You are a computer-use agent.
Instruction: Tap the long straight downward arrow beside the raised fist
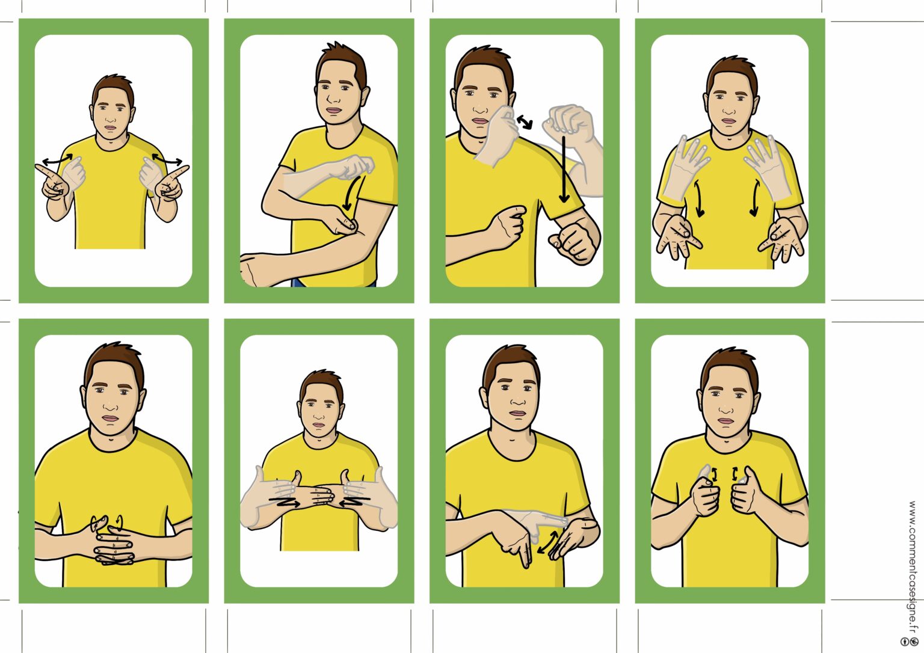564,170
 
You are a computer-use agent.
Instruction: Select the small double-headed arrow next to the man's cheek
525,121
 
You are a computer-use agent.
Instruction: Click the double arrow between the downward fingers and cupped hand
547,542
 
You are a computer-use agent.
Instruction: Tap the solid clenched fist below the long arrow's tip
573,244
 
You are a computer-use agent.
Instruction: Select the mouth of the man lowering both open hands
728,121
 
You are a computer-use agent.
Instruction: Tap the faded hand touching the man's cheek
497,136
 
